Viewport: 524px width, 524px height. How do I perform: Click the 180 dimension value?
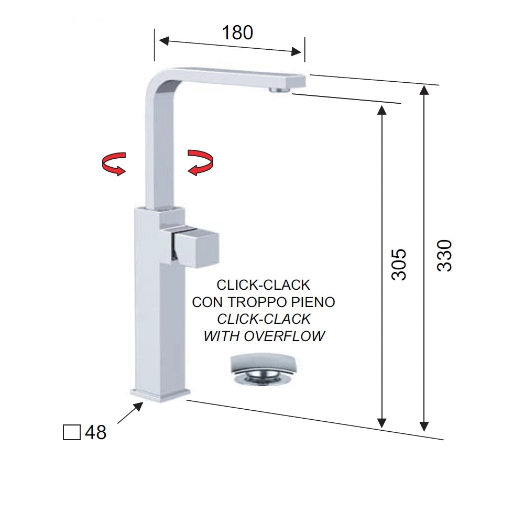pos(237,32)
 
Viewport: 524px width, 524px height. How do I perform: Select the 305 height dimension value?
pos(399,264)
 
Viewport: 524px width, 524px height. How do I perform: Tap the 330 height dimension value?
pos(444,255)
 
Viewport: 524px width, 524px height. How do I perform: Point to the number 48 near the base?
pos(95,432)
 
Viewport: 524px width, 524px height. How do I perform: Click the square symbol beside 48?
pos(71,432)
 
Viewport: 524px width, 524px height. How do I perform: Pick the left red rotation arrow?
pos(114,163)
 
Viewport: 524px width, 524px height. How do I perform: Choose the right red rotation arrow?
pos(200,162)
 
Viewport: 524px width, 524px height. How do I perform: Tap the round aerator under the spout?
pos(279,91)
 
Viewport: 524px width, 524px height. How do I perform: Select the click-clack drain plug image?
pos(264,370)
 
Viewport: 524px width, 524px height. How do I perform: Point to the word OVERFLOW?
pos(285,336)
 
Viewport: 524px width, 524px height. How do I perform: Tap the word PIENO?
pos(313,302)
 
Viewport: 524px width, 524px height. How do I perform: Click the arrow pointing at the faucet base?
pos(130,412)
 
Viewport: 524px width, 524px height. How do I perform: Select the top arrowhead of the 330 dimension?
pos(424,91)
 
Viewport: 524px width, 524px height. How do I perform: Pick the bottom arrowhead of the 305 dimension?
pos(382,422)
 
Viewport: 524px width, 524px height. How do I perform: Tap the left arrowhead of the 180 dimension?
pos(164,41)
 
